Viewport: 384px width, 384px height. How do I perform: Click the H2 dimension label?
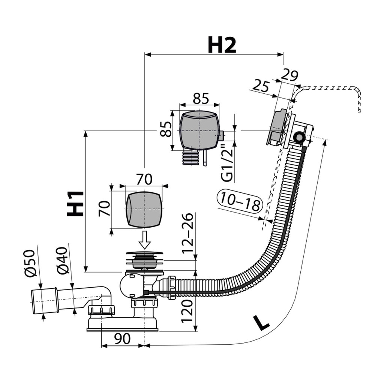click(222, 45)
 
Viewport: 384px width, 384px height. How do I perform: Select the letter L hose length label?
click(261, 323)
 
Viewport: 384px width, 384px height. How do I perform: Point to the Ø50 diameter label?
click(30, 263)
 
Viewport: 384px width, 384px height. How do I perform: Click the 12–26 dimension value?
click(187, 233)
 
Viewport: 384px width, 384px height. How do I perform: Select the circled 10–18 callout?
click(240, 201)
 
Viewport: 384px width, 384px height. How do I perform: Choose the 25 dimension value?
click(261, 85)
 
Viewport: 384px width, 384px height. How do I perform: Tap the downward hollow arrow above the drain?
click(144, 240)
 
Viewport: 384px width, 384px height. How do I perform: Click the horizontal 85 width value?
click(201, 98)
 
